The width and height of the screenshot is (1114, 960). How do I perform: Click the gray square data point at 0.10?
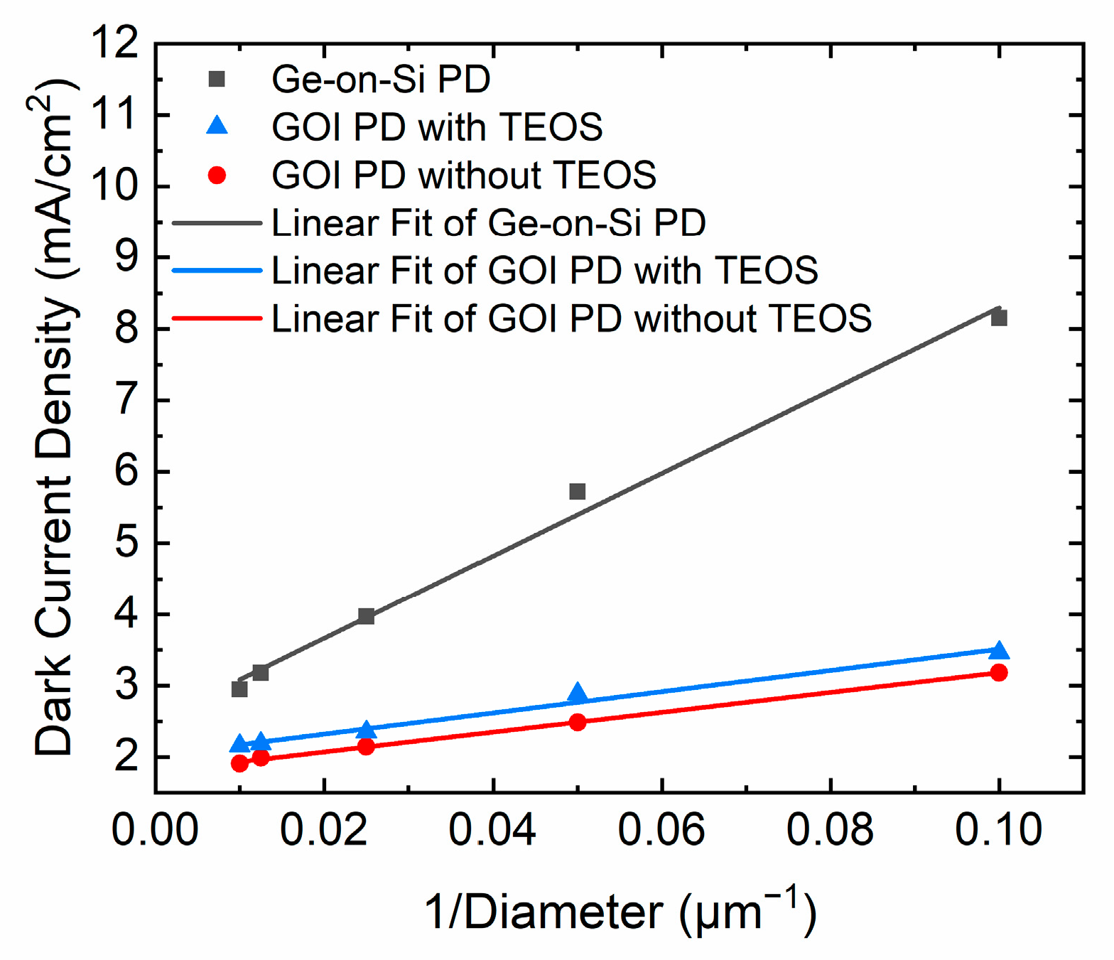click(999, 318)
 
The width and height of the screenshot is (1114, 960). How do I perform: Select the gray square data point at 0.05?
click(578, 491)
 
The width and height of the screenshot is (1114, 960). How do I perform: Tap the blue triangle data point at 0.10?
click(999, 651)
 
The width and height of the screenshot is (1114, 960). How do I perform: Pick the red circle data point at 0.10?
click(999, 672)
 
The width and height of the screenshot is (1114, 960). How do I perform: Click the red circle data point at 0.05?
click(578, 722)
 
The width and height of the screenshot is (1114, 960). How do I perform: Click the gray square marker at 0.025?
click(366, 616)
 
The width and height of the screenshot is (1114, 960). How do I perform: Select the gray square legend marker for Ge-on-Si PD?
click(217, 79)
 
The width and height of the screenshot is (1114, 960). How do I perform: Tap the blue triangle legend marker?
click(217, 126)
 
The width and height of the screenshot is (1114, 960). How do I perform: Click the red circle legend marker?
click(217, 175)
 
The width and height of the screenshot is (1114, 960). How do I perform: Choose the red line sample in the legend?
click(217, 318)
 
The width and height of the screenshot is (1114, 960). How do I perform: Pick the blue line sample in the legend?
click(217, 271)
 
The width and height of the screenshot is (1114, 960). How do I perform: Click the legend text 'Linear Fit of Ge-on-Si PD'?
click(489, 223)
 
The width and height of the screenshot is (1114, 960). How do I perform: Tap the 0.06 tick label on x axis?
click(661, 829)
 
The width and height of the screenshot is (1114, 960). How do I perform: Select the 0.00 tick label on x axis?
click(155, 829)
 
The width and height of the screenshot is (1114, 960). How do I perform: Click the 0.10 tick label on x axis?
click(998, 829)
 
